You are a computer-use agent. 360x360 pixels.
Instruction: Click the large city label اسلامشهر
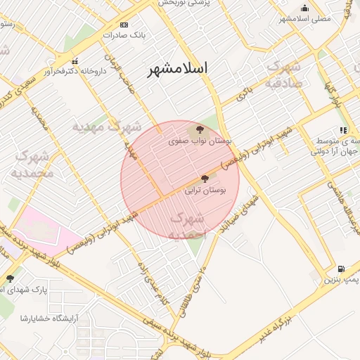click(x=179, y=69)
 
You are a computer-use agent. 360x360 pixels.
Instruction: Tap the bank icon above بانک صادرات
click(x=124, y=25)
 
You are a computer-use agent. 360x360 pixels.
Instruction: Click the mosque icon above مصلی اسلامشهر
click(x=304, y=8)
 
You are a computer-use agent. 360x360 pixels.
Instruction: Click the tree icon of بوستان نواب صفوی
click(x=200, y=130)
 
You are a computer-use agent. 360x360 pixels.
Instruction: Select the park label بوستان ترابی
click(x=205, y=190)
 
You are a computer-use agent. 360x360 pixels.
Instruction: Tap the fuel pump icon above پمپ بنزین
click(x=341, y=269)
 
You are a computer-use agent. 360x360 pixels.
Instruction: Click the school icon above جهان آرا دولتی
click(x=342, y=130)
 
